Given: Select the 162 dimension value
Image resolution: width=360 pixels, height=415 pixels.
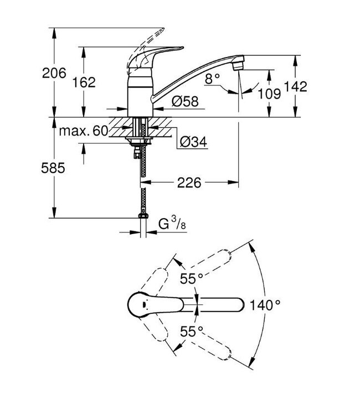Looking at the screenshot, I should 84,82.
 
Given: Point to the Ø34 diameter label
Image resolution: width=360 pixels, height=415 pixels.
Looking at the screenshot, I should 193,142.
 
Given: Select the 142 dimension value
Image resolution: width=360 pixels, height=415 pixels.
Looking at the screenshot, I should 295,87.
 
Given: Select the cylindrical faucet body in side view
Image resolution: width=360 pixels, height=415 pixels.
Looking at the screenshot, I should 140,97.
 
